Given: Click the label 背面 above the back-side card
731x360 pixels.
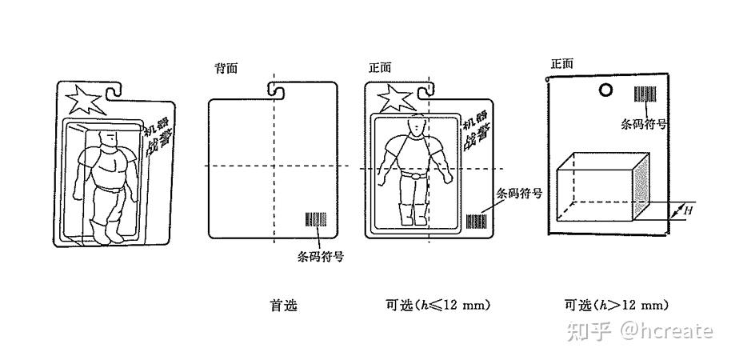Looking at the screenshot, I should pos(226,69).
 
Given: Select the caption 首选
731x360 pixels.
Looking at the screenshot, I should pos(283,306).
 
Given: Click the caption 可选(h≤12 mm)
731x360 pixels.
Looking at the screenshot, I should pos(437,306).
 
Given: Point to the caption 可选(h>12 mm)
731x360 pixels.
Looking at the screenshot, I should pos(616,306).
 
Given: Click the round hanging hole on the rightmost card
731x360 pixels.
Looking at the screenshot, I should pos(606,90).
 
